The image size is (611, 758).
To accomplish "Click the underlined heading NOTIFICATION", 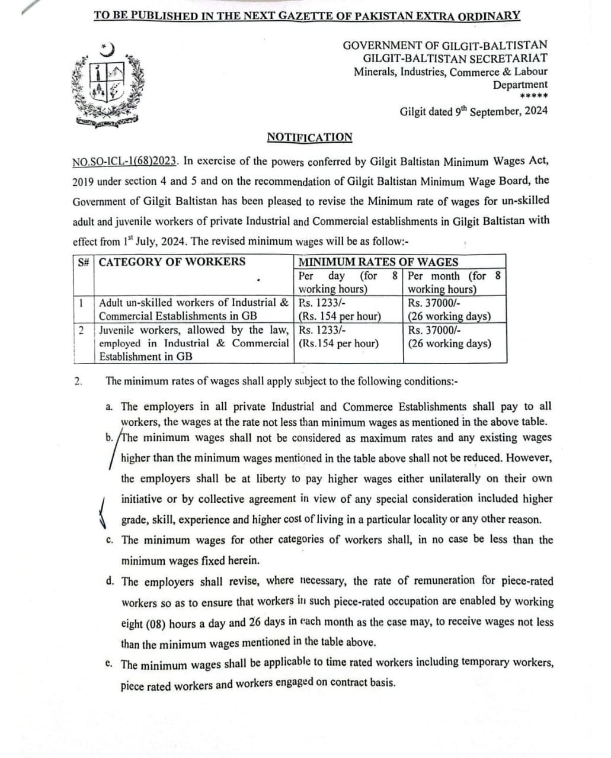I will (309, 137).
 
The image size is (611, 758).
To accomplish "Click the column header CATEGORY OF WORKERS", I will (172, 262).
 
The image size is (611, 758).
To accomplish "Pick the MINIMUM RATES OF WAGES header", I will (378, 262).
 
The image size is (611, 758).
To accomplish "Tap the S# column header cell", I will (84, 262).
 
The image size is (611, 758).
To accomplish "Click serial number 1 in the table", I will (80, 303).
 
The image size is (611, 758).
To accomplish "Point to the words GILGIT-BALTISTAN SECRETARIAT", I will (455, 58).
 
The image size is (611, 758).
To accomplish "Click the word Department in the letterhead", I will (520, 85).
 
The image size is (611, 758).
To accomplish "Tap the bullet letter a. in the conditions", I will (109, 407).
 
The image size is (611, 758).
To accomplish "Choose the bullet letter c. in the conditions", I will (109, 540).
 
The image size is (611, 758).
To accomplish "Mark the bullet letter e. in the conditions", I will (109, 663).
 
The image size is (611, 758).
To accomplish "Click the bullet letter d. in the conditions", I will (110, 581).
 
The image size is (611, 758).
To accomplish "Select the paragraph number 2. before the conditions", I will (78, 381).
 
